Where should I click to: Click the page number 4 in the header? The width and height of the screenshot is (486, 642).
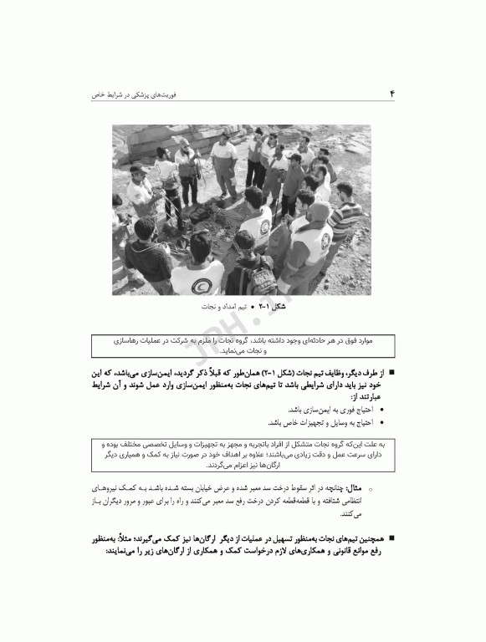click(391, 95)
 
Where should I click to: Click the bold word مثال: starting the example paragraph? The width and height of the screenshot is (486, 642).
click(356, 486)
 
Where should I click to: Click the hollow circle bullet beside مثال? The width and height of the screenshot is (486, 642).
click(371, 487)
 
